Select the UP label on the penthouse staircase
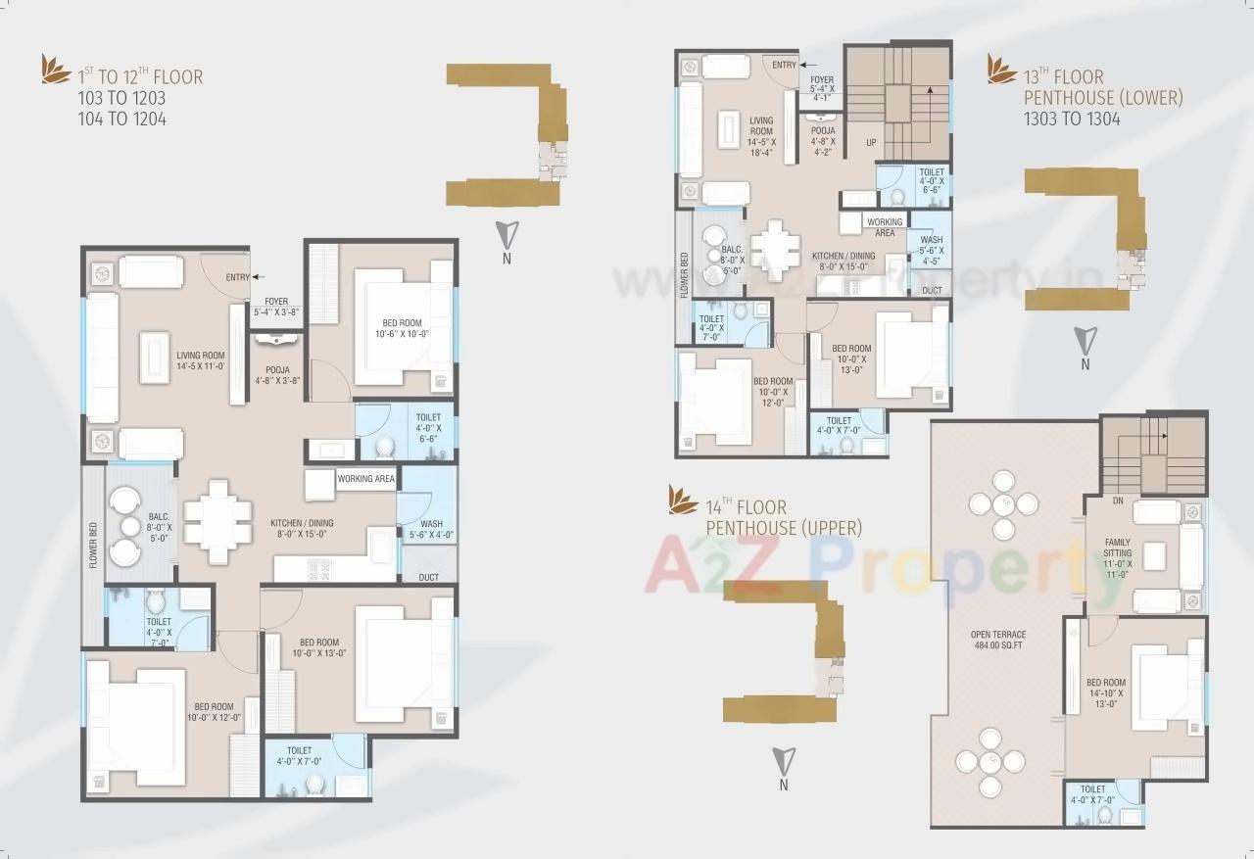tap(871, 143)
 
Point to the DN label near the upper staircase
tap(1118, 500)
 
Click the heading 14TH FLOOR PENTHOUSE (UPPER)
tap(784, 517)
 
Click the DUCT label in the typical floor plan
tap(428, 578)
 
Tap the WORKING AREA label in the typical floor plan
tap(365, 479)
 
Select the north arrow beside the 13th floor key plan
tap(1085, 342)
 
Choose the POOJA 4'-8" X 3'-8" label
tap(278, 375)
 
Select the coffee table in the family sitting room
tap(1156, 555)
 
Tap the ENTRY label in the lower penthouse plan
tap(784, 65)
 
